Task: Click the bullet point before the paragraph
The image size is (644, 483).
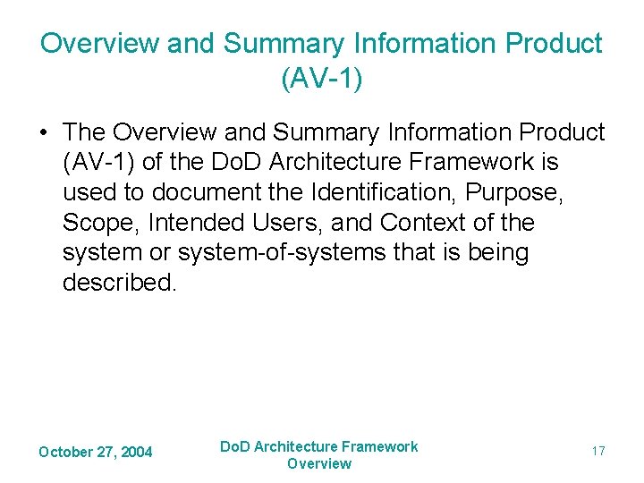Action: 44,132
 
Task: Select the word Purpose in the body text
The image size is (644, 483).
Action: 520,192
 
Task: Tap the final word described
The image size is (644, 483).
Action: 119,283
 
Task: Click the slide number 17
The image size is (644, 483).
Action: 598,451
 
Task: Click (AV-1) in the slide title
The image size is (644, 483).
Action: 321,78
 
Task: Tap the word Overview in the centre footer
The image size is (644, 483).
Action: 319,463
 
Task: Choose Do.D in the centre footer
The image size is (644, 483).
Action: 236,446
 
